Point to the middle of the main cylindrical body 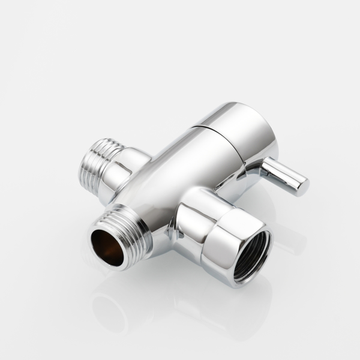point(168,180)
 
